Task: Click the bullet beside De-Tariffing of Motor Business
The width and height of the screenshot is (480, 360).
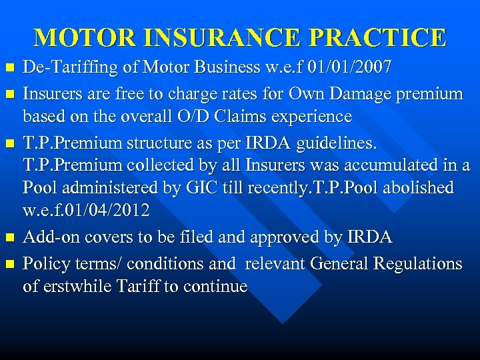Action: pyautogui.click(x=9, y=68)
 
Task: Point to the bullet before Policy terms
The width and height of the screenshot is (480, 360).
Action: pyautogui.click(x=9, y=263)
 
